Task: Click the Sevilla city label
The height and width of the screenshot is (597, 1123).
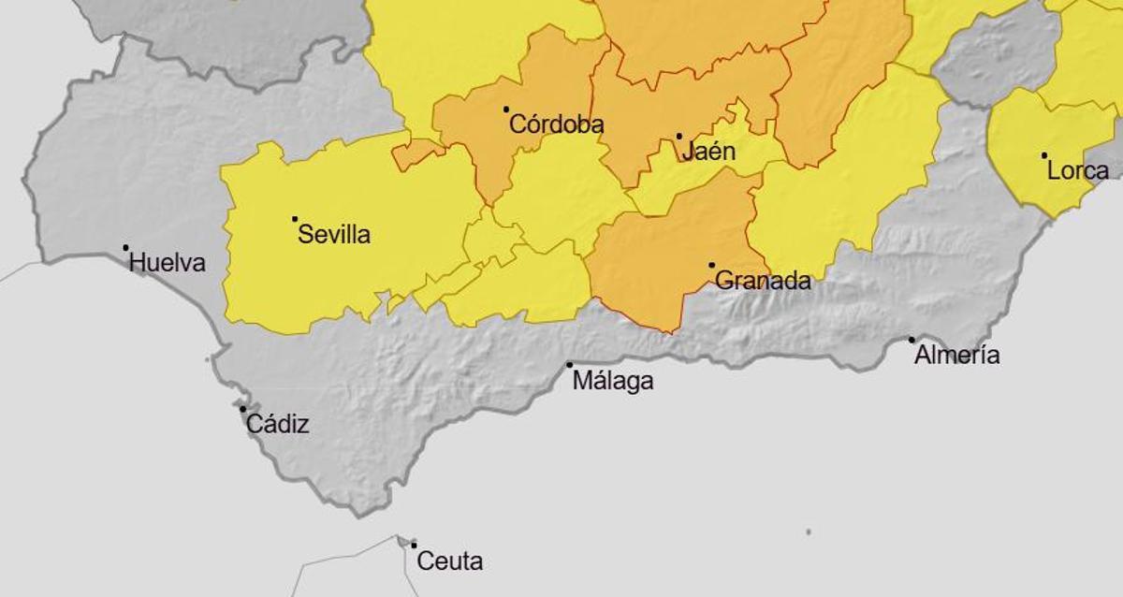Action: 334,235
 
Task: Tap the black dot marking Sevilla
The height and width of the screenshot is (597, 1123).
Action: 295,219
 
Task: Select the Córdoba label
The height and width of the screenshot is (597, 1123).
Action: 556,124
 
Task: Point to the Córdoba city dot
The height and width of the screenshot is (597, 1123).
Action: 506,109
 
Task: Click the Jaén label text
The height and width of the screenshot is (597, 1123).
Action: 708,152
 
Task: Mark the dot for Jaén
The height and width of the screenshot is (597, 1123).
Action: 679,137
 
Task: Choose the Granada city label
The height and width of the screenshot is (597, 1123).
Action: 763,281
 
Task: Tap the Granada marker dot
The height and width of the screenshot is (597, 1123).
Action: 711,266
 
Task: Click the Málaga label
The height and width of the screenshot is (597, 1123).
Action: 612,381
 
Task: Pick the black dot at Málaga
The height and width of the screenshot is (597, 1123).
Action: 569,365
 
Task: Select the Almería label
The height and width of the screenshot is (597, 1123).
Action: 956,356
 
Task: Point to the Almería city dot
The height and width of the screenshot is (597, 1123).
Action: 912,340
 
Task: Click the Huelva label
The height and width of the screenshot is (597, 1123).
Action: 167,263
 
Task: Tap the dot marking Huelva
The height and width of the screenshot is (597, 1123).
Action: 125,248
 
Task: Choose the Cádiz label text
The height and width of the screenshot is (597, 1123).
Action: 277,425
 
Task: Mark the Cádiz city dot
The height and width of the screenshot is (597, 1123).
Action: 242,409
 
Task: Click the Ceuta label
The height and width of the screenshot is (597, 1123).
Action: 449,561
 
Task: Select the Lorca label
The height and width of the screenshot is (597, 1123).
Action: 1078,171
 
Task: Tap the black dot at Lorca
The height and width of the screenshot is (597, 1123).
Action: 1044,155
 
